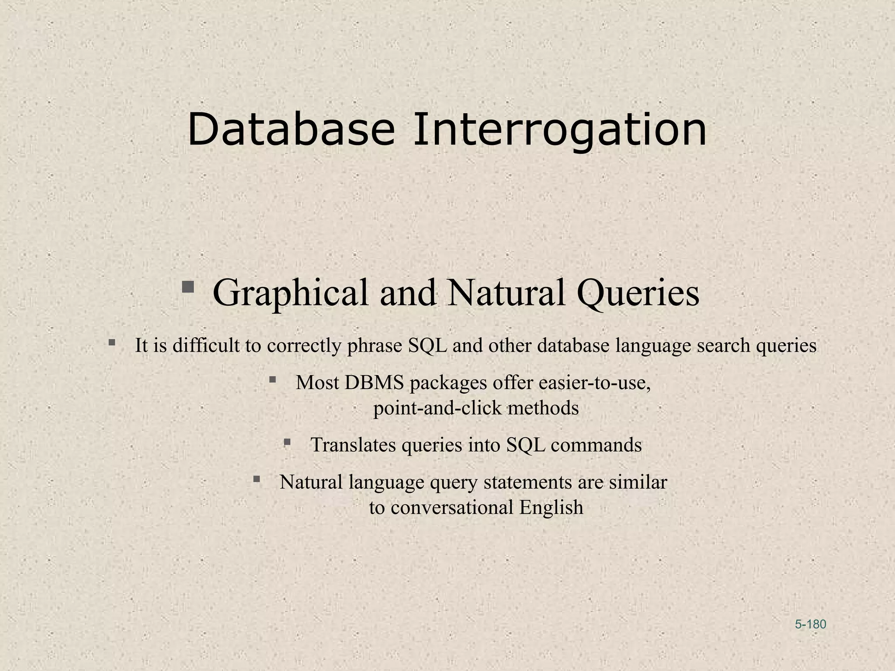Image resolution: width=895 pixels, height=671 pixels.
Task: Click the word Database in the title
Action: coord(291,130)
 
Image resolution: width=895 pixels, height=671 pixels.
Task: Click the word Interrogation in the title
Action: coord(559,130)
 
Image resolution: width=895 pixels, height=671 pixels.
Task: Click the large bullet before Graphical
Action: coord(188,287)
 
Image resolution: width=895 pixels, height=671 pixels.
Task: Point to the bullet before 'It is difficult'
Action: coord(112,342)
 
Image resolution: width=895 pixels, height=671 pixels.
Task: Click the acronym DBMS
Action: coord(374,383)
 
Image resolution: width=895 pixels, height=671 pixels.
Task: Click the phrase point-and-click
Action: coord(437,408)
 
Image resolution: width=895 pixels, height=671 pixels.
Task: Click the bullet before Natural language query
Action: coord(257,479)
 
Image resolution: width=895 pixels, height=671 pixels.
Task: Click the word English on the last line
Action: coord(551,508)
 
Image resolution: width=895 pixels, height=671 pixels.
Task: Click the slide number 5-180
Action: coord(810,624)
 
